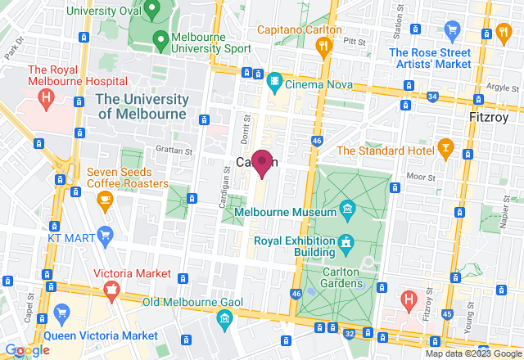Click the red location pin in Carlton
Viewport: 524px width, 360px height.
[x=262, y=162]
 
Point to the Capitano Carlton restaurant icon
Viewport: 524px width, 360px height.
[x=324, y=47]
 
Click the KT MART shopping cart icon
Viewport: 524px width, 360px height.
[x=104, y=236]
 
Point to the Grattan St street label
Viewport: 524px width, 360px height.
[x=174, y=150]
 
